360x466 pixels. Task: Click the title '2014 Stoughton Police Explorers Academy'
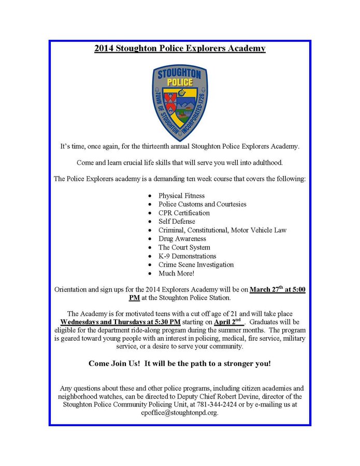[180, 49]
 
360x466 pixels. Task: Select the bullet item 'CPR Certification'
[184, 213]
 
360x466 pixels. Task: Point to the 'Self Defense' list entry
[177, 222]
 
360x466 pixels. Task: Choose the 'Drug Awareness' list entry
[182, 239]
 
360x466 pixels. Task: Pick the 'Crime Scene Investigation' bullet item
[196, 265]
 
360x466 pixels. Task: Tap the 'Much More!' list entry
[176, 273]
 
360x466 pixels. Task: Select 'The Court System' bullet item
[184, 247]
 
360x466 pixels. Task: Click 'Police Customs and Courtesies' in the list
[202, 204]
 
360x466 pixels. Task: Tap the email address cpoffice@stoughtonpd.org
[180, 413]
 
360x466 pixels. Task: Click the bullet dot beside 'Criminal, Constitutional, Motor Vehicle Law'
[150, 230]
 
